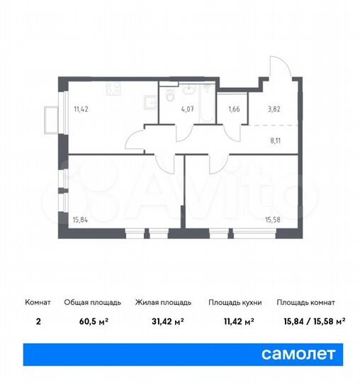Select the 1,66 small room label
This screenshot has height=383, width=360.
click(232, 111)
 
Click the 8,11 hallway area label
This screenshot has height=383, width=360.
click(276, 140)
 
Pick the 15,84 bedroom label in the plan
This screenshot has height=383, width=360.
click(82, 219)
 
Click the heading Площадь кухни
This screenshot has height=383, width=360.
click(235, 303)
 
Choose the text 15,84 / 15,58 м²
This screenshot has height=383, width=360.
click(311, 321)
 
